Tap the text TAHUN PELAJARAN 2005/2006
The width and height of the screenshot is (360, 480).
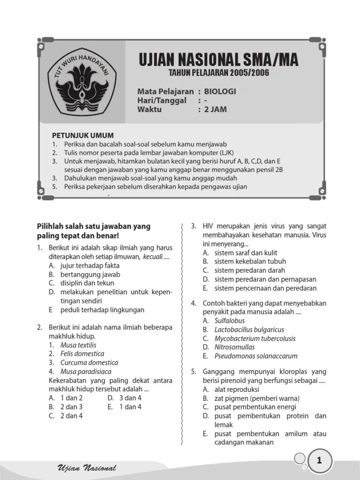[219, 73]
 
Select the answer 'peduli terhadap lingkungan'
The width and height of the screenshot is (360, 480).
[102, 310]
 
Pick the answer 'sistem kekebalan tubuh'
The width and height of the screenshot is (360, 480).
[250, 261]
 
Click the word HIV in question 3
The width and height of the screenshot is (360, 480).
[208, 226]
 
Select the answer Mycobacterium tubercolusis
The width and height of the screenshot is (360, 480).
[255, 338]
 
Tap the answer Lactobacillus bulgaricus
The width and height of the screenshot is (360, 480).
[249, 330]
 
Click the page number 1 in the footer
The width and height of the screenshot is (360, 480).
[319, 461]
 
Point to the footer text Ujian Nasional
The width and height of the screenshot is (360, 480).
[87, 468]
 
